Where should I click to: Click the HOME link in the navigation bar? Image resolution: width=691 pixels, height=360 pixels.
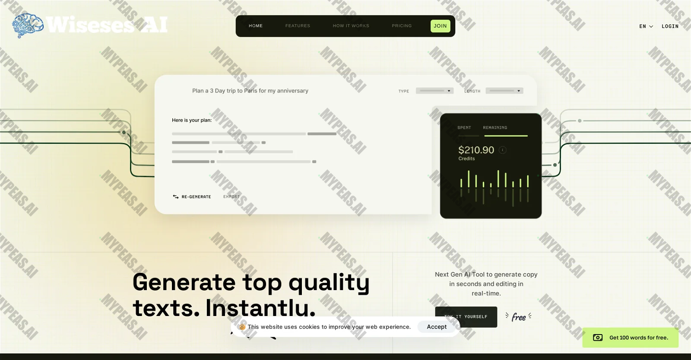point(256,26)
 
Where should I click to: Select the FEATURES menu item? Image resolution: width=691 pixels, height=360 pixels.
point(298,26)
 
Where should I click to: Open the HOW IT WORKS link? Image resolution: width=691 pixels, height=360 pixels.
point(351,26)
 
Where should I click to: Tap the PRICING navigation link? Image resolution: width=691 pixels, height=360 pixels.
point(402,26)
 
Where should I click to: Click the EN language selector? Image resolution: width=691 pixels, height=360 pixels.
point(646,26)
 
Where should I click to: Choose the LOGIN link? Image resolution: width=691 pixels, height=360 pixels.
point(670,26)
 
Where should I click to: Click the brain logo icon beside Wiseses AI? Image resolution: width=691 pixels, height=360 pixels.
point(28,25)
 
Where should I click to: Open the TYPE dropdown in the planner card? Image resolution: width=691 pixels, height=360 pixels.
point(434,91)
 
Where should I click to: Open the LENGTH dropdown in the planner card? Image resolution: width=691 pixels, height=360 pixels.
point(504,91)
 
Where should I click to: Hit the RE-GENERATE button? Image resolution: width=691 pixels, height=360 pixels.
point(192,197)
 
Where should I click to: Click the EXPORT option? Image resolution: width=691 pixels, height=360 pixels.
point(231,197)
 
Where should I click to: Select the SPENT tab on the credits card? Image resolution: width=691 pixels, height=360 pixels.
point(464,128)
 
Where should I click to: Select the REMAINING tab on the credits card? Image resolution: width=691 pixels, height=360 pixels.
point(495,128)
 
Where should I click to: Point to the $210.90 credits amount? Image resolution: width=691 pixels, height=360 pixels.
point(476,150)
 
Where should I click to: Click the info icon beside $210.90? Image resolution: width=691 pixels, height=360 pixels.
point(503,150)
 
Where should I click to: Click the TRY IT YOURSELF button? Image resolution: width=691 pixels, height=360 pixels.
point(466,317)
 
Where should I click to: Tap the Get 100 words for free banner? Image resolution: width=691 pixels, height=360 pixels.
point(630,338)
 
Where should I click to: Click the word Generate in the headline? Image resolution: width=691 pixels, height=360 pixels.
point(184,282)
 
